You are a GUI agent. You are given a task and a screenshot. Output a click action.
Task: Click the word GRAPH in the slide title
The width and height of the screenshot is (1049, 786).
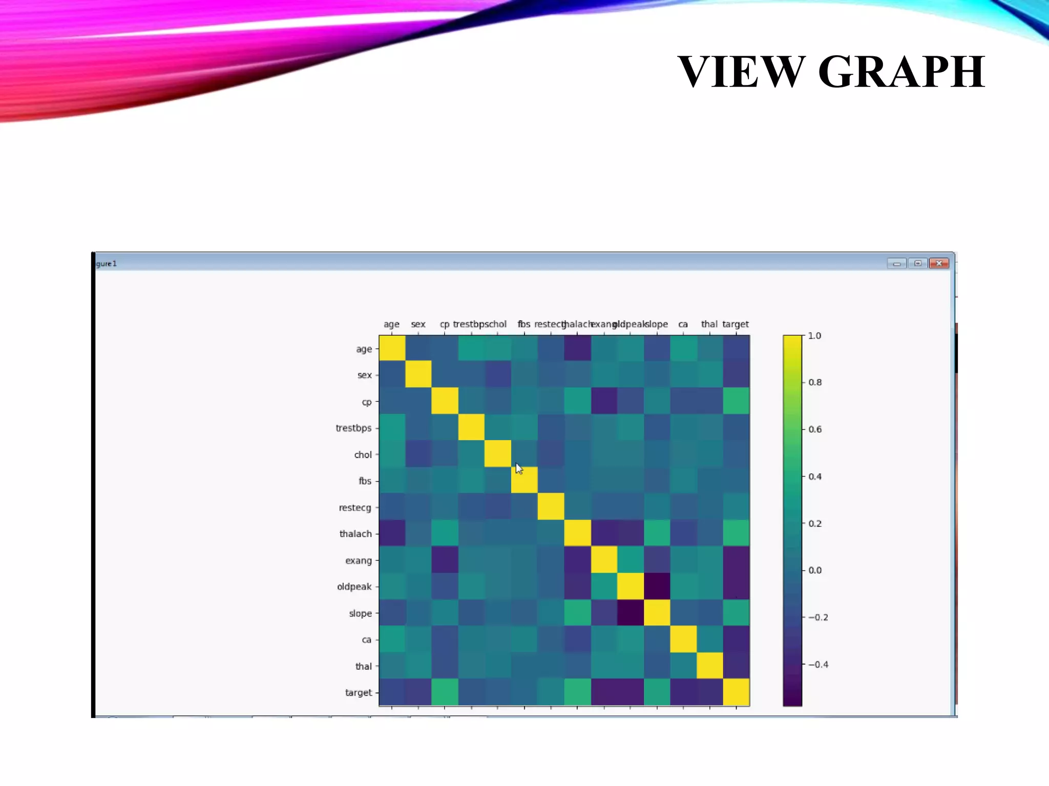click(x=901, y=72)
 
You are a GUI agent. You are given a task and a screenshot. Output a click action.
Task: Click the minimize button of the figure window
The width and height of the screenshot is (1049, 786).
click(x=896, y=264)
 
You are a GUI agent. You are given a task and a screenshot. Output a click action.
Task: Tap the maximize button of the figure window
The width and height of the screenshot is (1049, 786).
click(x=917, y=264)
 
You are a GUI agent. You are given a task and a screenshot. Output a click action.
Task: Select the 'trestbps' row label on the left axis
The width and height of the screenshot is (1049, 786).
click(x=353, y=428)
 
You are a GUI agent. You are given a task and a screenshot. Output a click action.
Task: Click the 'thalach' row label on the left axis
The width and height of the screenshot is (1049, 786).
click(x=355, y=534)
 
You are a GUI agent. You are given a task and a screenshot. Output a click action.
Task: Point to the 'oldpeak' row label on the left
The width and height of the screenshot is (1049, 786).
click(x=354, y=586)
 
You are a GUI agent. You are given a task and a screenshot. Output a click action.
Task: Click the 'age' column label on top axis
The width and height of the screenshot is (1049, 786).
click(x=391, y=324)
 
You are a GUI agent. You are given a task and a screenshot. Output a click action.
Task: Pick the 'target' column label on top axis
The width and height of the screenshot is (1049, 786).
click(x=735, y=324)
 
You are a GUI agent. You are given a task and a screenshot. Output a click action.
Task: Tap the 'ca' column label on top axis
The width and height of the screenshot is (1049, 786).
click(x=683, y=324)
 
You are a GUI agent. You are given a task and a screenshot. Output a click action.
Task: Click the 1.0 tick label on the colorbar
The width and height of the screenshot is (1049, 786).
click(x=814, y=336)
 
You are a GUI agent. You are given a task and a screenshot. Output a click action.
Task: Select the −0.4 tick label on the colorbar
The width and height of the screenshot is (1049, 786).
click(x=818, y=664)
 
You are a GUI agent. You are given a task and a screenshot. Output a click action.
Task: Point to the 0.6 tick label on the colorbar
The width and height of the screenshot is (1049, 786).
click(x=815, y=429)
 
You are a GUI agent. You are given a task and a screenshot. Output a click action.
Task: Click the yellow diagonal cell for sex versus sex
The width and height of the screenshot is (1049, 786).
click(x=418, y=375)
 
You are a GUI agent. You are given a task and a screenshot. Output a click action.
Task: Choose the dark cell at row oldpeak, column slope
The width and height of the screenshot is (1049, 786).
click(x=657, y=586)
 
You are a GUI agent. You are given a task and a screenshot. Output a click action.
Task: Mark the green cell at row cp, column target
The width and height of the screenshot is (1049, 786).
click(x=736, y=401)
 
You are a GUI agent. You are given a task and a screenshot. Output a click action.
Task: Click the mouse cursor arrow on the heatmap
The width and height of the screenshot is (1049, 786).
click(x=518, y=468)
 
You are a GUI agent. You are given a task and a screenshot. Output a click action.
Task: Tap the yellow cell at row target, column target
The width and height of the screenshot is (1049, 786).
click(x=736, y=692)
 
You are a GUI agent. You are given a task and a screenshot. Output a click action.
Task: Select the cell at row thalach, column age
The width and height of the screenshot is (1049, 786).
click(x=392, y=534)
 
